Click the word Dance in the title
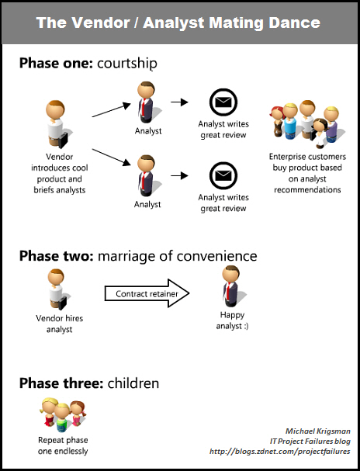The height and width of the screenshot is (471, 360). pos(294,23)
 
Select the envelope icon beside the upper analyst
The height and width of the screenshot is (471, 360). pos(223,102)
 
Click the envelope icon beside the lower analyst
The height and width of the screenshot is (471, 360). pos(223,175)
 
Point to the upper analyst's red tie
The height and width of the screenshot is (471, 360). pos(144,107)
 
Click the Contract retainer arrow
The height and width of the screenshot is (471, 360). pos(147,293)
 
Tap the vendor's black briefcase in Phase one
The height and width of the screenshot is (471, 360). pos(64,140)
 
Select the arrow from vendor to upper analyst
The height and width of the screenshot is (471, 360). pos(112,110)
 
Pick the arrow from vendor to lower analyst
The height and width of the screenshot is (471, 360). pos(112,157)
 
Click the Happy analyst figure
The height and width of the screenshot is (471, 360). pos(231,286)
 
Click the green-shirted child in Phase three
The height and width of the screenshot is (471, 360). pos(62,417)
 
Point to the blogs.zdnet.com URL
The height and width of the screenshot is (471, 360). pos(279,452)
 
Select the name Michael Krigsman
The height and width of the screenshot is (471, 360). pos(317,431)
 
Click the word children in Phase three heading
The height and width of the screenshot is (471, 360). pos(133,383)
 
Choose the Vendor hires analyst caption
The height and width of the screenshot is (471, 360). pos(60,324)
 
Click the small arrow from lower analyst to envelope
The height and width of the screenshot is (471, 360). pos(179,175)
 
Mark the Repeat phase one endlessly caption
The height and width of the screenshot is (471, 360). pos(63,445)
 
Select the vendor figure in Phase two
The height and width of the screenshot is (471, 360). pos(57,289)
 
